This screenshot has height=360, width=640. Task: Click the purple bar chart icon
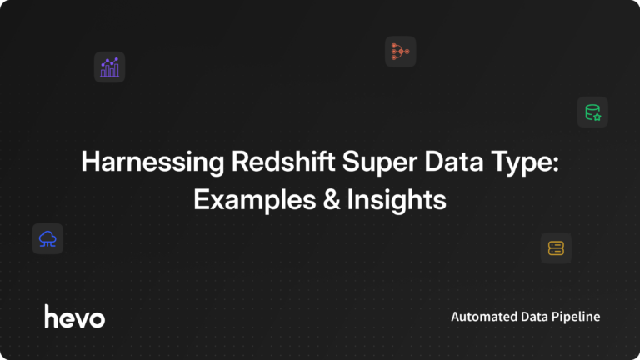(x=109, y=67)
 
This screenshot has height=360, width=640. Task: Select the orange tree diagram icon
(x=400, y=52)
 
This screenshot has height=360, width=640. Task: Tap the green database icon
(x=592, y=112)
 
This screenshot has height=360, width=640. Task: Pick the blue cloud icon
(x=47, y=238)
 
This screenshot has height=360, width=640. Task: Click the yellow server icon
(x=556, y=247)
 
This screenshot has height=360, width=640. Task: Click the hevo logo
(x=75, y=316)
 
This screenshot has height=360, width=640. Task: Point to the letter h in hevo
(x=51, y=315)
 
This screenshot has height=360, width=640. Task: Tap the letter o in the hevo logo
(x=97, y=318)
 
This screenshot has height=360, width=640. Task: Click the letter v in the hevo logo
(x=81, y=318)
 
